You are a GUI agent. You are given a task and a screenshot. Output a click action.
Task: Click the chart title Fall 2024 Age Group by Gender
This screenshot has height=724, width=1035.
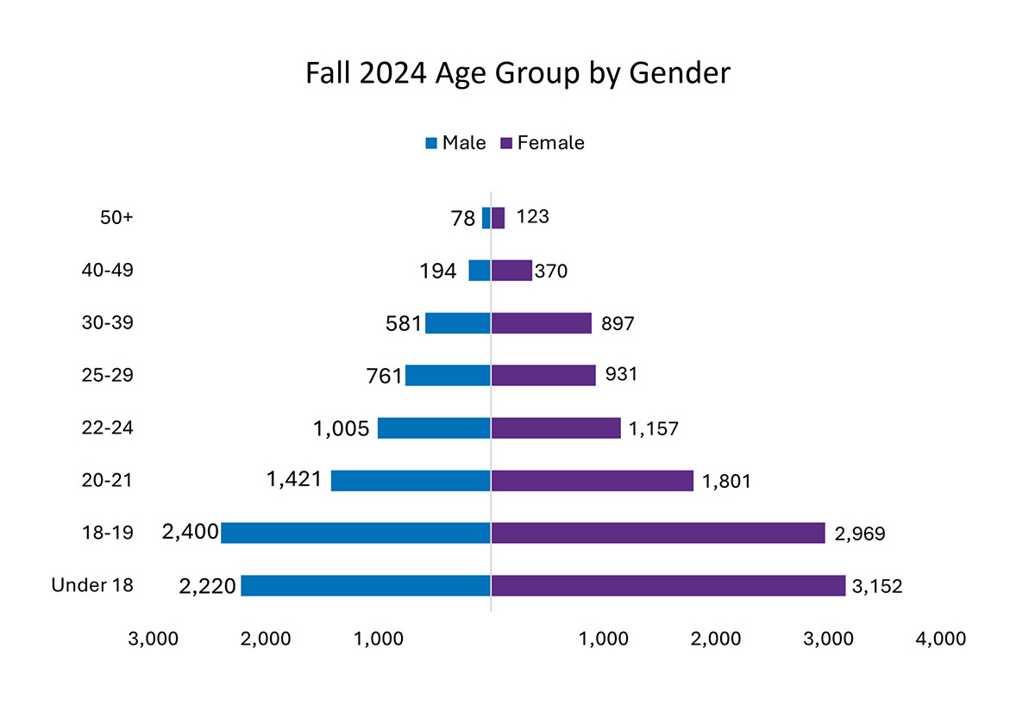click(517, 73)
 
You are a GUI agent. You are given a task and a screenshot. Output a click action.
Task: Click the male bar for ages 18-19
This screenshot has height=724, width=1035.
click(355, 533)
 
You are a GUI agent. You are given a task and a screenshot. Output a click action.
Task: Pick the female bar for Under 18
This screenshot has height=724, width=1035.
click(668, 585)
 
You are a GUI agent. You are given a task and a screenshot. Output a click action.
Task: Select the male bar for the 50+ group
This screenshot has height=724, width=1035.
click(486, 218)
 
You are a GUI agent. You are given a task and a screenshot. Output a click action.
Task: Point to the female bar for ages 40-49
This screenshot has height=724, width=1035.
click(511, 271)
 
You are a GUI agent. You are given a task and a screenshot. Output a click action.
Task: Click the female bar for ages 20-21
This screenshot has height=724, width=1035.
click(592, 480)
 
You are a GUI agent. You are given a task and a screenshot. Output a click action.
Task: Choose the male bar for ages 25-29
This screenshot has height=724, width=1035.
click(448, 375)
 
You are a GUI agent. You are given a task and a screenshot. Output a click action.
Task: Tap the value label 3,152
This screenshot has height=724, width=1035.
click(877, 587)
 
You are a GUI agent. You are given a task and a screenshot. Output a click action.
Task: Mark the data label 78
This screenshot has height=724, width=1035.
click(463, 219)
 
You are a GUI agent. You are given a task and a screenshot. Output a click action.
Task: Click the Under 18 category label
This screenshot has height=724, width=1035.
click(92, 585)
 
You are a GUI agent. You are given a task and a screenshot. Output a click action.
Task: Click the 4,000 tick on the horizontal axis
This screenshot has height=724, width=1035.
click(942, 640)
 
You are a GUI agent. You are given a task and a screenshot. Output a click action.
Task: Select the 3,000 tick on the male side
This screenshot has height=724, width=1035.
click(153, 640)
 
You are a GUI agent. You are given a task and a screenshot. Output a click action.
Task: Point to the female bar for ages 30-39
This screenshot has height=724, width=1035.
click(541, 323)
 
